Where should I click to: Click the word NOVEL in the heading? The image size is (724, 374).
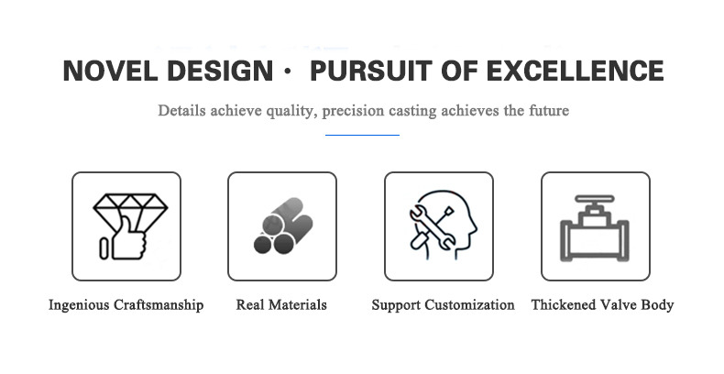tap(110, 71)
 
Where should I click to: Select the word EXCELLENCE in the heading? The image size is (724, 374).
tap(575, 71)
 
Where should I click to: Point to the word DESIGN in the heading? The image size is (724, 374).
tap(220, 71)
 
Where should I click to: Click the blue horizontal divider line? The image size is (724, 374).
tap(363, 136)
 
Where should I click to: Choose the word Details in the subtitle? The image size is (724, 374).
tap(181, 111)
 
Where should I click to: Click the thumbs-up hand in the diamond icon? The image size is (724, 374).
tap(127, 239)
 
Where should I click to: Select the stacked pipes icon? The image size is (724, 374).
tap(283, 225)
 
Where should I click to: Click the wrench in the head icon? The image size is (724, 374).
tap(433, 227)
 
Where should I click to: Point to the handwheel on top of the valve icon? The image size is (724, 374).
tap(595, 200)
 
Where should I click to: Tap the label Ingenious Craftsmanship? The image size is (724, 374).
tap(126, 305)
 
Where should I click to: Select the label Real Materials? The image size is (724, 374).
tap(281, 304)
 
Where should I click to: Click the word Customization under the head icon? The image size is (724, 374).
tap(469, 304)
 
